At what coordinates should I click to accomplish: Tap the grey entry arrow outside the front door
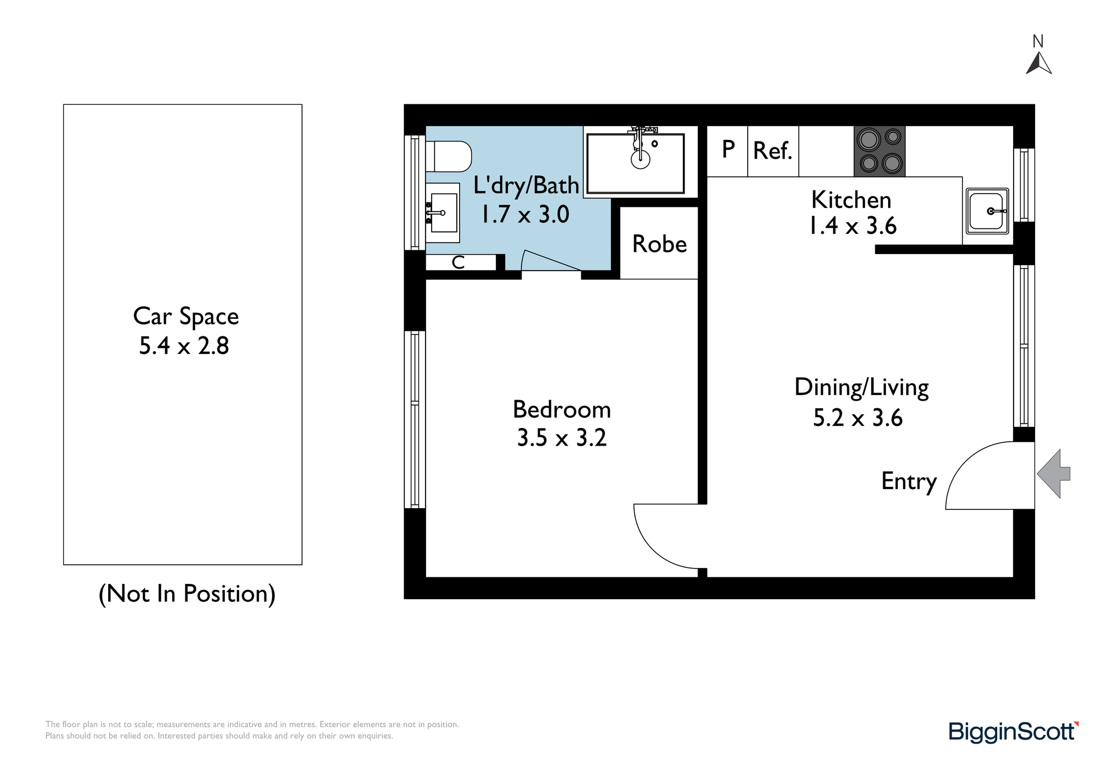(x=1054, y=474)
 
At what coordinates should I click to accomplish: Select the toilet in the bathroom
(x=449, y=156)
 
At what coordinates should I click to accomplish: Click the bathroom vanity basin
(x=443, y=212)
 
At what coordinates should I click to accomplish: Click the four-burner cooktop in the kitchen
(x=879, y=151)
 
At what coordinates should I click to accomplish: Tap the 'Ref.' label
(x=773, y=151)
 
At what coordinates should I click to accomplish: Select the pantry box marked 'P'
(x=727, y=151)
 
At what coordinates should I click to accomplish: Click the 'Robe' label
(x=659, y=244)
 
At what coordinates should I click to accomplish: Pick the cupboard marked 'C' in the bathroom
(x=461, y=262)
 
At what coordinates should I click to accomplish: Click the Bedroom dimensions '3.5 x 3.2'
(x=562, y=438)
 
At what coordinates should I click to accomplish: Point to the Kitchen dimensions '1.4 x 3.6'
(x=853, y=226)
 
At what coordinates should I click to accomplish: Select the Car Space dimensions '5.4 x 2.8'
(x=184, y=346)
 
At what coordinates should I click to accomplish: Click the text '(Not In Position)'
(x=187, y=594)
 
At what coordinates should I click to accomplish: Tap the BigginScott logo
(x=1014, y=732)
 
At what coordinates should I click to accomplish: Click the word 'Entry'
(x=909, y=482)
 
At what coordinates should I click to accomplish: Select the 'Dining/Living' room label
(x=862, y=388)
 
